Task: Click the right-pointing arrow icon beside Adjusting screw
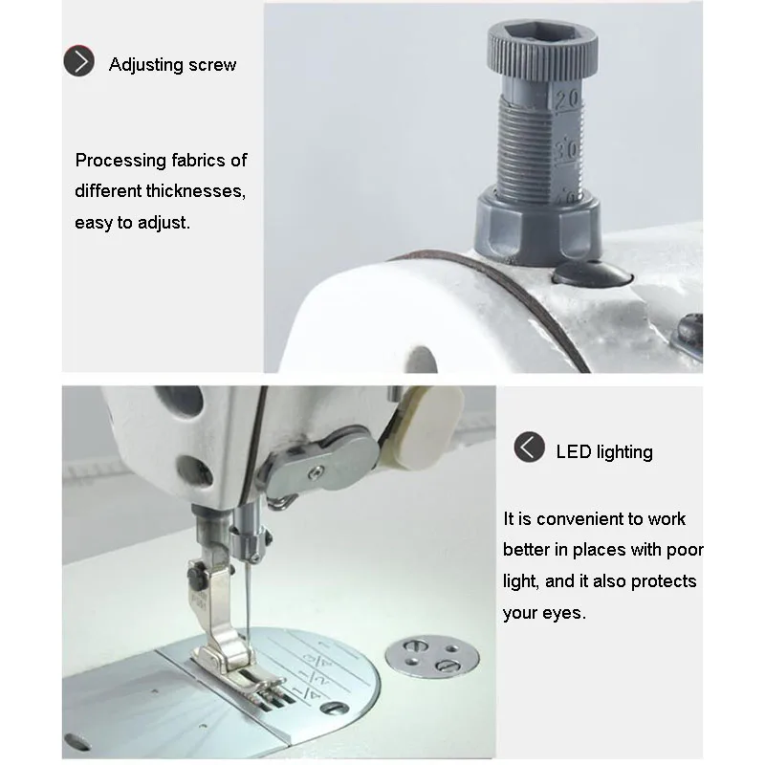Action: (78, 61)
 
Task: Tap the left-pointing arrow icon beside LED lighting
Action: (529, 447)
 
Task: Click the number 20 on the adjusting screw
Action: (567, 100)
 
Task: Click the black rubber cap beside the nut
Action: (592, 273)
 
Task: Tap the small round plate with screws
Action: (432, 656)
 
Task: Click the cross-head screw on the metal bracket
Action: (317, 471)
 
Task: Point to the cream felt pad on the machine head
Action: (424, 427)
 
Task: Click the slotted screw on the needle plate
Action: (335, 708)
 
